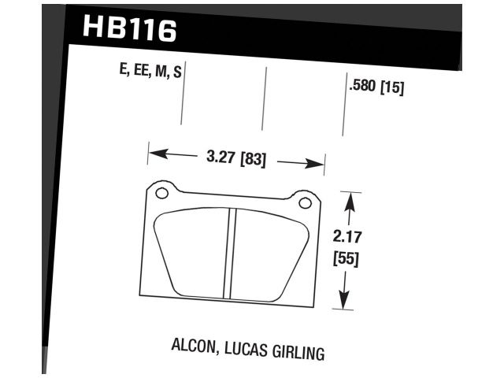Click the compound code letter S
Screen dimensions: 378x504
coord(178,73)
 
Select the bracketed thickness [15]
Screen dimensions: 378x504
coord(392,87)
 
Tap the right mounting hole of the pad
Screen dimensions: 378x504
coord(305,202)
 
